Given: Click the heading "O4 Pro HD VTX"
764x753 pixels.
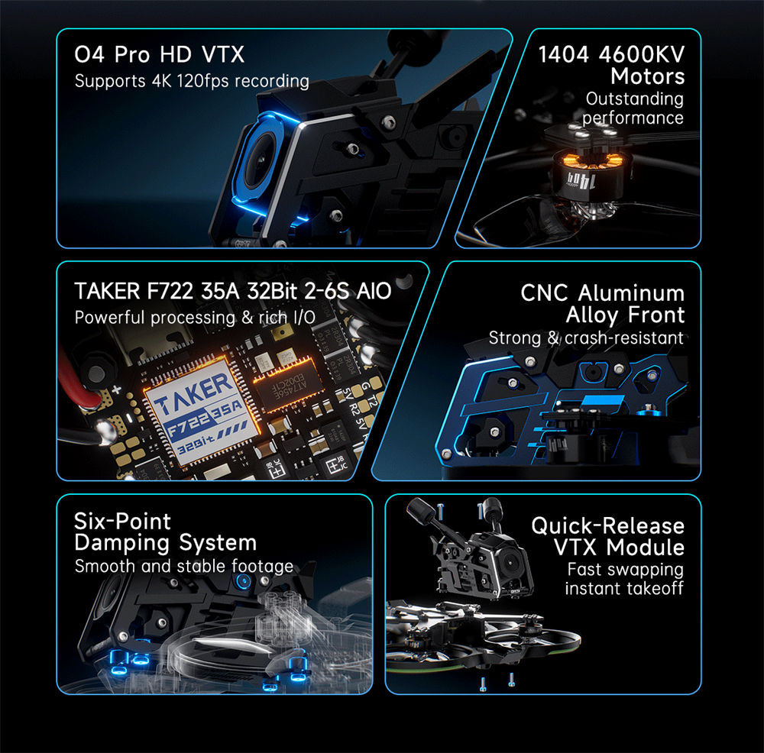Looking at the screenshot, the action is coord(160,54).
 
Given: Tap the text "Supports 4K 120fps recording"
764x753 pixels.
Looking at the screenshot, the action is coord(192,81).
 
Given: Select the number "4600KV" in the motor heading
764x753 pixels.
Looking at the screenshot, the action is coord(642,54).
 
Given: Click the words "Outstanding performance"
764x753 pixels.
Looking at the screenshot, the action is coord(633,108).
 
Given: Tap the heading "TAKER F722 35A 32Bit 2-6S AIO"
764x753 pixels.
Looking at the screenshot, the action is coord(233,291).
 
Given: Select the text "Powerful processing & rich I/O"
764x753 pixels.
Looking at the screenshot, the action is coord(195,318).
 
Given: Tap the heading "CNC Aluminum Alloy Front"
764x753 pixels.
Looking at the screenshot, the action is coord(603,304).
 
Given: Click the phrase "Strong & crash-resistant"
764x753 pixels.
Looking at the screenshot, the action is coord(586,338).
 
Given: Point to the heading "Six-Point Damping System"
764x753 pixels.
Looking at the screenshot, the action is coord(165,532).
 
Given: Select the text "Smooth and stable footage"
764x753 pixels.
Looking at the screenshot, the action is coord(184,566).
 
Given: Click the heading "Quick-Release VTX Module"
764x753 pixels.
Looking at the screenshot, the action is coord(607,536).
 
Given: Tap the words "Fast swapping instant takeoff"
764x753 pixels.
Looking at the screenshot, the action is coord(624,579).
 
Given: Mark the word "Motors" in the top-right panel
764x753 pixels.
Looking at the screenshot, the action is coord(648,76).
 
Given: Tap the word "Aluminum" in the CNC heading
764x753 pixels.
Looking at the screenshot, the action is coord(631,293).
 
